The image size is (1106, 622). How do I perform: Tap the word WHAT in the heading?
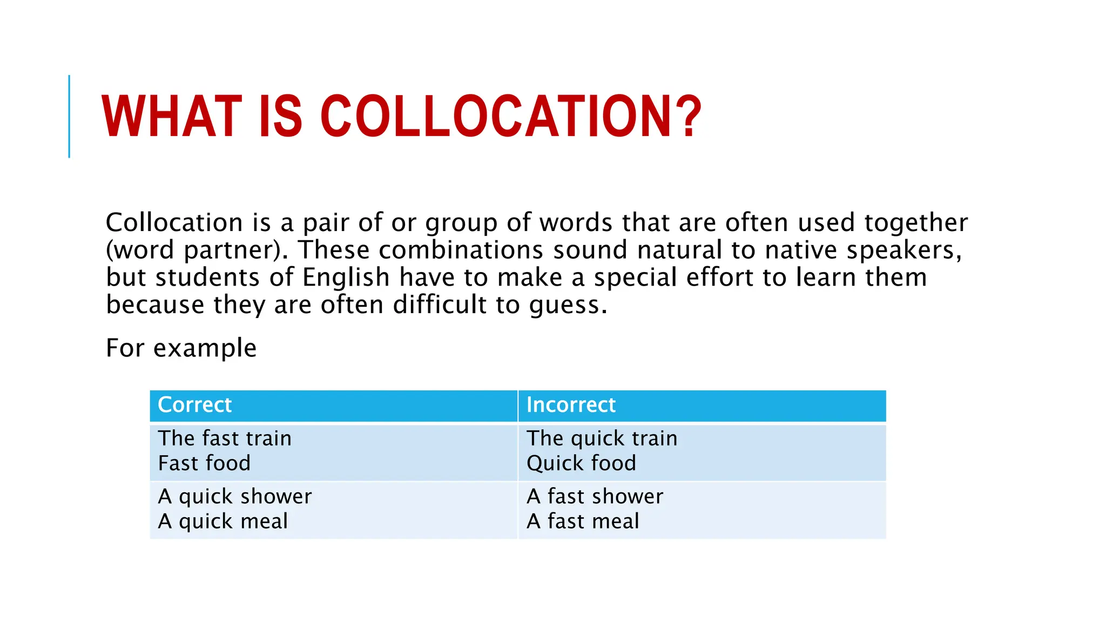[172, 117]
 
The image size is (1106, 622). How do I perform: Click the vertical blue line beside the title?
[69, 117]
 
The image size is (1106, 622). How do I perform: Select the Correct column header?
[194, 405]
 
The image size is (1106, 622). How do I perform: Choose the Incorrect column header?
[571, 405]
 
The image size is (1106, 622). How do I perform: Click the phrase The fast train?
[225, 438]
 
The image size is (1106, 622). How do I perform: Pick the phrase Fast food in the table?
[204, 463]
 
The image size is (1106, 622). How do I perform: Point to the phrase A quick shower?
[235, 497]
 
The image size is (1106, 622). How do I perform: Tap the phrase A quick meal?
[222, 522]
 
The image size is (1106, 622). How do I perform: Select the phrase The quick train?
[602, 438]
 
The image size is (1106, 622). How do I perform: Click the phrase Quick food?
[581, 463]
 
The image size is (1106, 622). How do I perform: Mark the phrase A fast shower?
[595, 497]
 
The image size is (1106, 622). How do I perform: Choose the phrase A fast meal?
[583, 522]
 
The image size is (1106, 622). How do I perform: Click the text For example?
[181, 348]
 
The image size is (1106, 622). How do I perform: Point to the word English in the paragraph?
[346, 278]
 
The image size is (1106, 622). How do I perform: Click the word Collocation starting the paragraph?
[174, 222]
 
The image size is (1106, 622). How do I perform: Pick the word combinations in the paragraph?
[461, 250]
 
